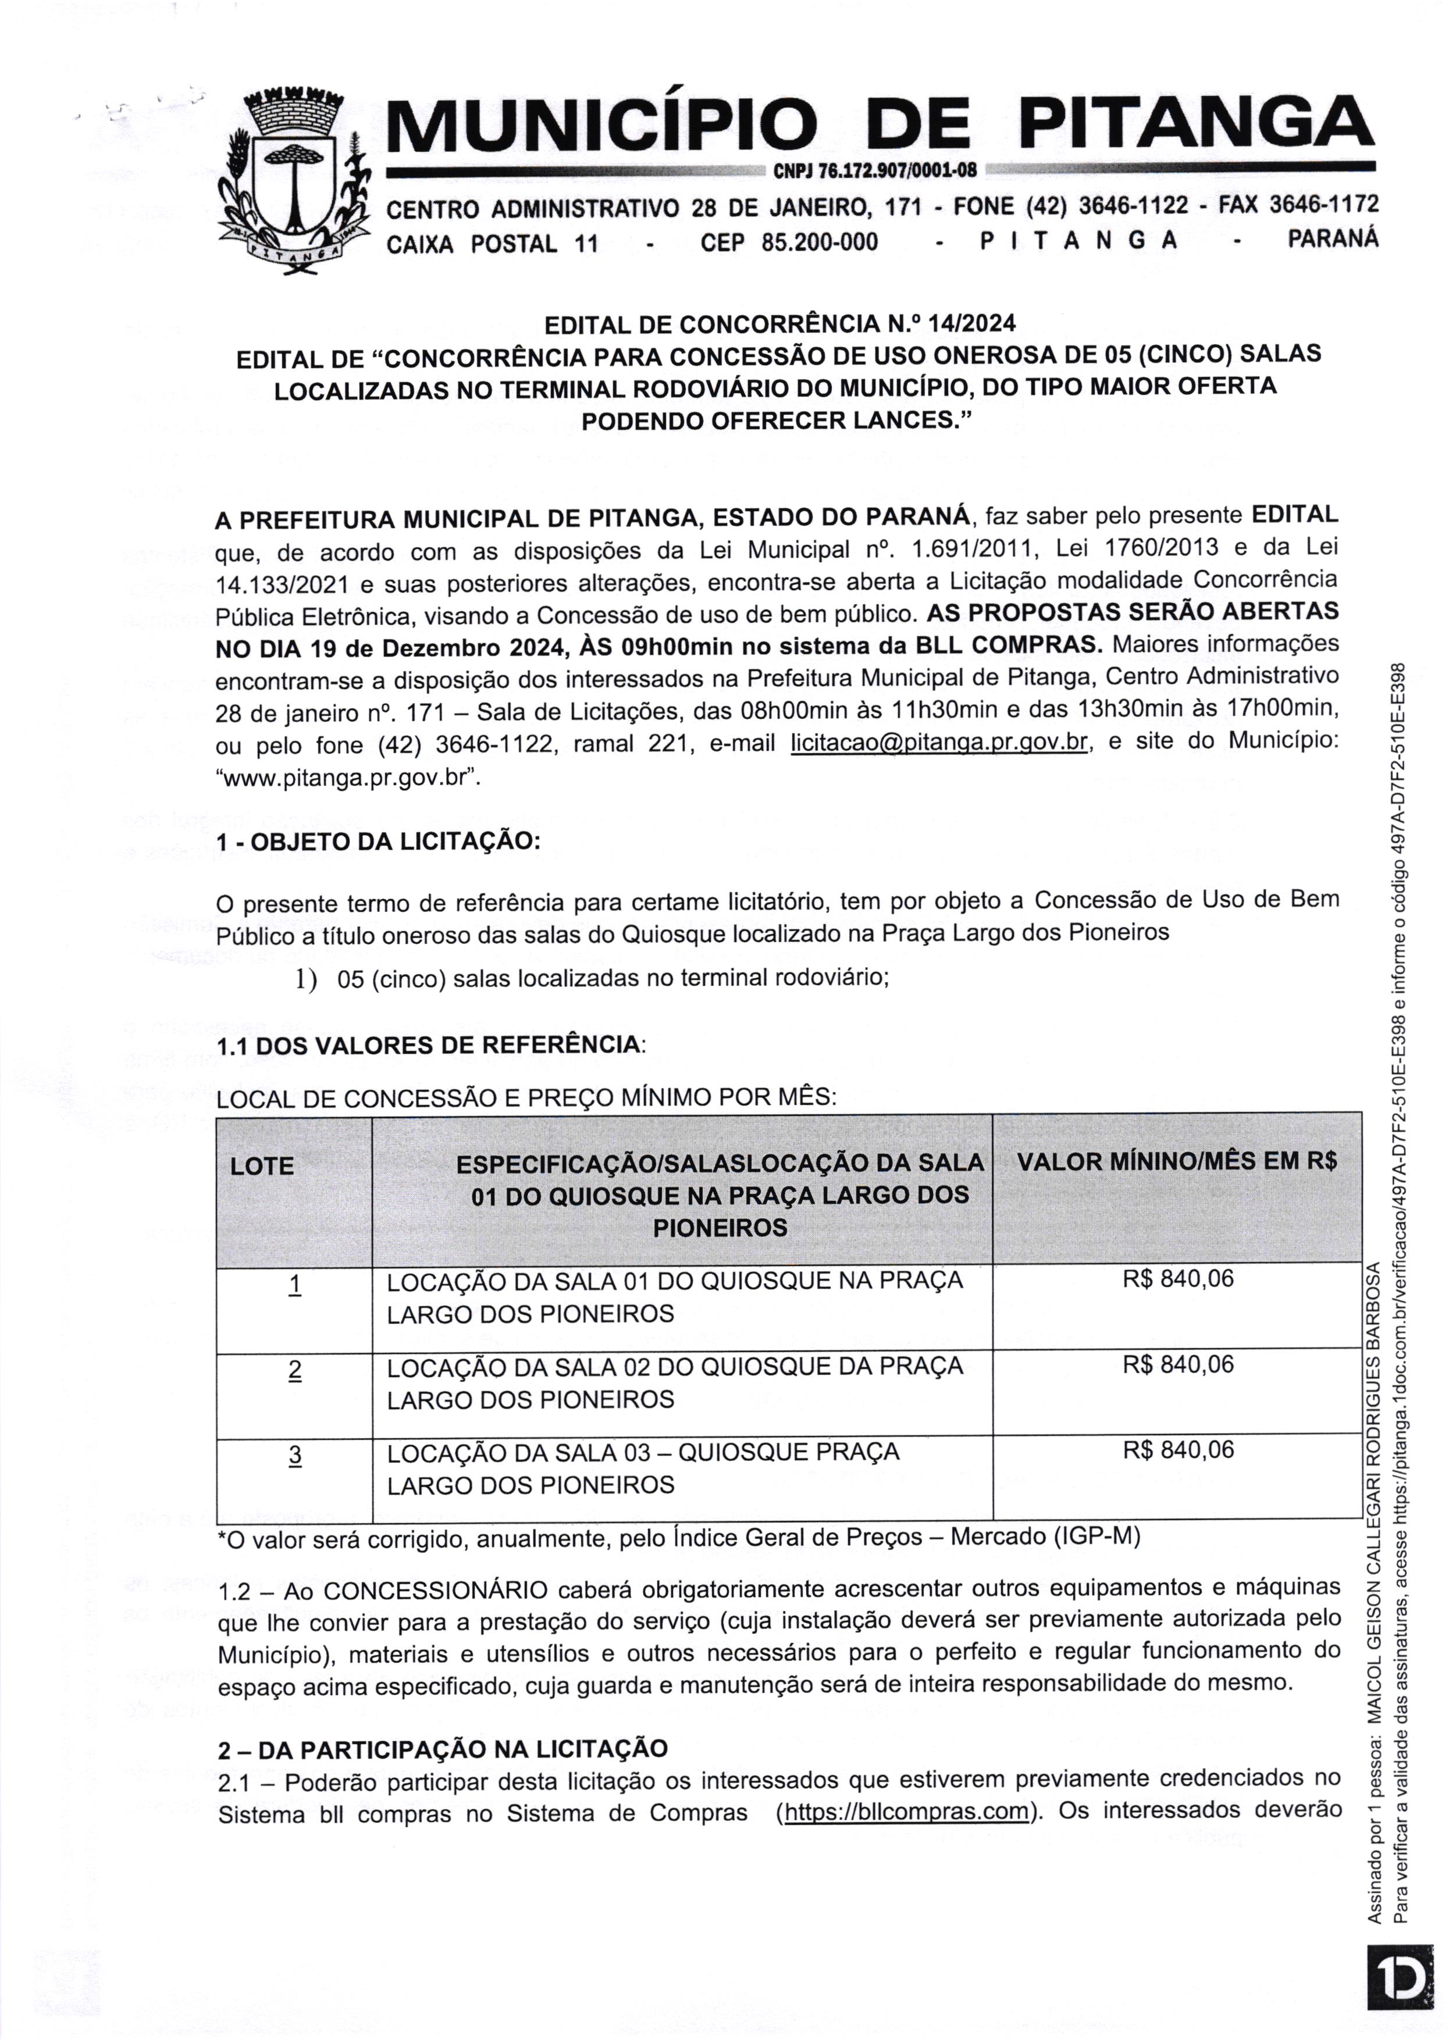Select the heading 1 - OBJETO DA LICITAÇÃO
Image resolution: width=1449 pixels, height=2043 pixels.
[378, 842]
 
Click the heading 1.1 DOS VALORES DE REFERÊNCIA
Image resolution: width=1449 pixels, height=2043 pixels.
[432, 1044]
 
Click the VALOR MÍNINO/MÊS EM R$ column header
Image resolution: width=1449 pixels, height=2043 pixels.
[1176, 1161]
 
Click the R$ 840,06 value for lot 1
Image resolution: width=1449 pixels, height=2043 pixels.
[1178, 1278]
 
